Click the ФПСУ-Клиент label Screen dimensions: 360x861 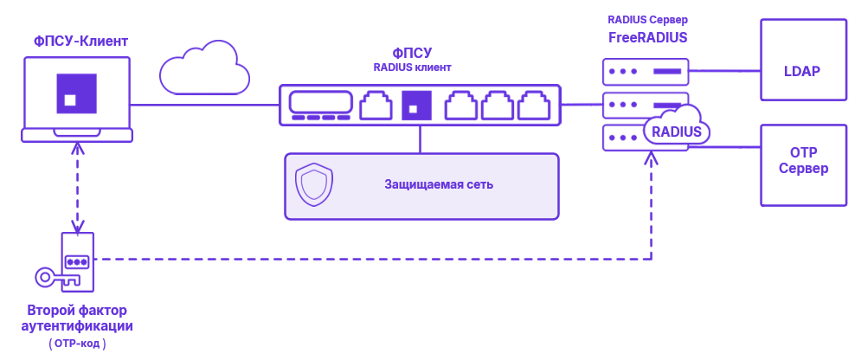(80, 41)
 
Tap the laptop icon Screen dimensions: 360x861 (77, 98)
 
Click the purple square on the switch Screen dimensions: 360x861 (415, 104)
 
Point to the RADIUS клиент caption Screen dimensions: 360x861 (412, 67)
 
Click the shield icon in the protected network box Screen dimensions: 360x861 (312, 184)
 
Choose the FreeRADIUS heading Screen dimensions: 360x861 (647, 37)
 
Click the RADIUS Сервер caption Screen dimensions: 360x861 (647, 19)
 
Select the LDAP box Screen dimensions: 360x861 (801, 70)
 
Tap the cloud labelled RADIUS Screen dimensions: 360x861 (676, 131)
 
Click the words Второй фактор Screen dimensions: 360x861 (77, 310)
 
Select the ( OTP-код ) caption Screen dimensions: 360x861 (77, 344)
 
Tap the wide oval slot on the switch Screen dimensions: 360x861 (320, 101)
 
